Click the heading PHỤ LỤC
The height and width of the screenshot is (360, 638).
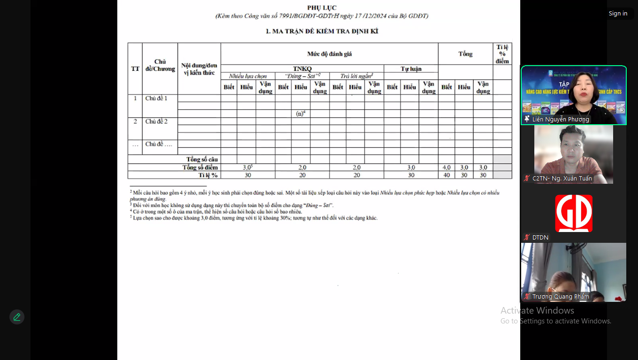tap(322, 7)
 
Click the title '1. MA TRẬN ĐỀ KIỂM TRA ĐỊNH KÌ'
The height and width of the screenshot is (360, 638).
tap(322, 31)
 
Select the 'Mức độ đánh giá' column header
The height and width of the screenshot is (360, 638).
tap(329, 54)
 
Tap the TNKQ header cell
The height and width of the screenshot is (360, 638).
tap(302, 68)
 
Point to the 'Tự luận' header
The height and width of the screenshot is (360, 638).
tap(411, 68)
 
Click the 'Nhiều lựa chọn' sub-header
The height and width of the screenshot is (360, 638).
tap(248, 76)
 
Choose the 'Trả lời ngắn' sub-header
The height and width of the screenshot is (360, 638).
tap(356, 76)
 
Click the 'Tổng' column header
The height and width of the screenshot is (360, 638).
tap(465, 54)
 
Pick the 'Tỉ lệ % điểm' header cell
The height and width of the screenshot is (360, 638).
tap(502, 54)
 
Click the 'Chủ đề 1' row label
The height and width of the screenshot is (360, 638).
tap(156, 98)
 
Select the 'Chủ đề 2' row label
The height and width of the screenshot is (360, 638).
tap(156, 121)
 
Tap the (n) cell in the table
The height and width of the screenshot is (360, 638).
tap(300, 113)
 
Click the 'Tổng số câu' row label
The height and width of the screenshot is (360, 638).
tap(202, 159)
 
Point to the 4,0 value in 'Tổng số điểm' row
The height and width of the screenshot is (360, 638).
tap(447, 167)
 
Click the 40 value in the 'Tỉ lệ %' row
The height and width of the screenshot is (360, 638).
tap(447, 175)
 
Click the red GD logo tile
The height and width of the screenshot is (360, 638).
tap(574, 213)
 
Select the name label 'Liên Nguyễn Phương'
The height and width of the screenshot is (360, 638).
tap(560, 120)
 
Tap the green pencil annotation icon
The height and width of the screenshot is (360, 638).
tap(17, 317)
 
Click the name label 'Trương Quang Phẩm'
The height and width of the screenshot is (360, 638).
tap(560, 297)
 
